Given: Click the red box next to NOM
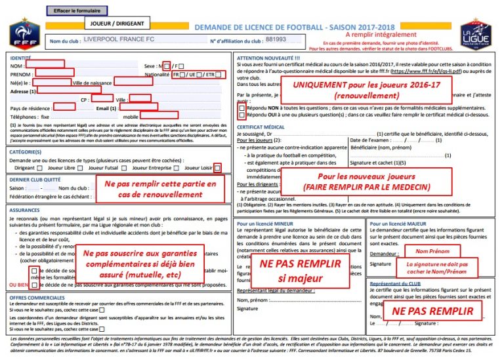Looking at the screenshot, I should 45,64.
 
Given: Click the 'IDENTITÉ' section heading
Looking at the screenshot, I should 22,58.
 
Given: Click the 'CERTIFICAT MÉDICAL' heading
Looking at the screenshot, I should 261,127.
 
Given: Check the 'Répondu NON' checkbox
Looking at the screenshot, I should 242,108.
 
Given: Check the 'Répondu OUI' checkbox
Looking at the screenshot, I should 242,115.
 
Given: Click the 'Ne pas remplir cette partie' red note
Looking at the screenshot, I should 160,190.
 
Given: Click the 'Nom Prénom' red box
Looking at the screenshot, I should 431,251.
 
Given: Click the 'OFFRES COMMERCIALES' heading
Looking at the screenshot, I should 37,297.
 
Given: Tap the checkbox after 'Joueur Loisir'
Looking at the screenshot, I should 218,168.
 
